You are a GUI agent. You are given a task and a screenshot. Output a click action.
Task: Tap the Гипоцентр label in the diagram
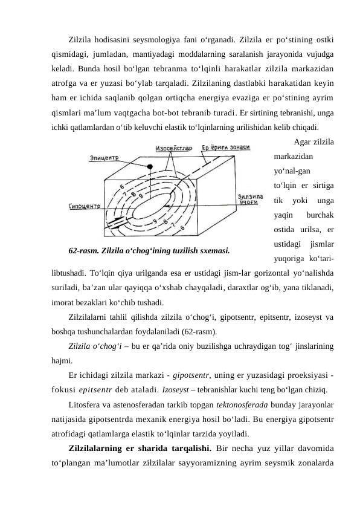85,206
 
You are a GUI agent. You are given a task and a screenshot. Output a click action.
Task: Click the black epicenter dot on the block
150,166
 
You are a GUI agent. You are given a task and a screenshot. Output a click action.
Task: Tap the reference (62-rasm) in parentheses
196,331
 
